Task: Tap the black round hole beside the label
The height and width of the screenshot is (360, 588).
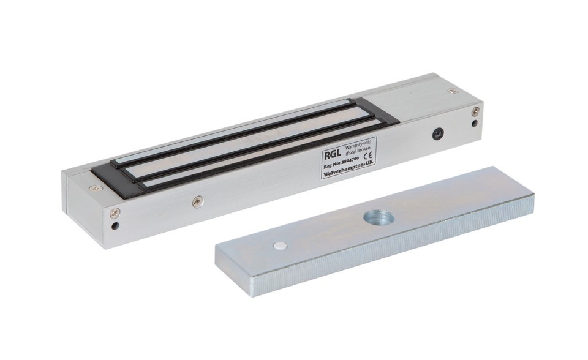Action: point(437,133)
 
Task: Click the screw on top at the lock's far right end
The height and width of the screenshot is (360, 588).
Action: point(453,91)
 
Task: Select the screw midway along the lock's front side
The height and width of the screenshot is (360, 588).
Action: point(197,200)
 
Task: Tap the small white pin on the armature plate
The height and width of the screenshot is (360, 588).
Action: point(280,246)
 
